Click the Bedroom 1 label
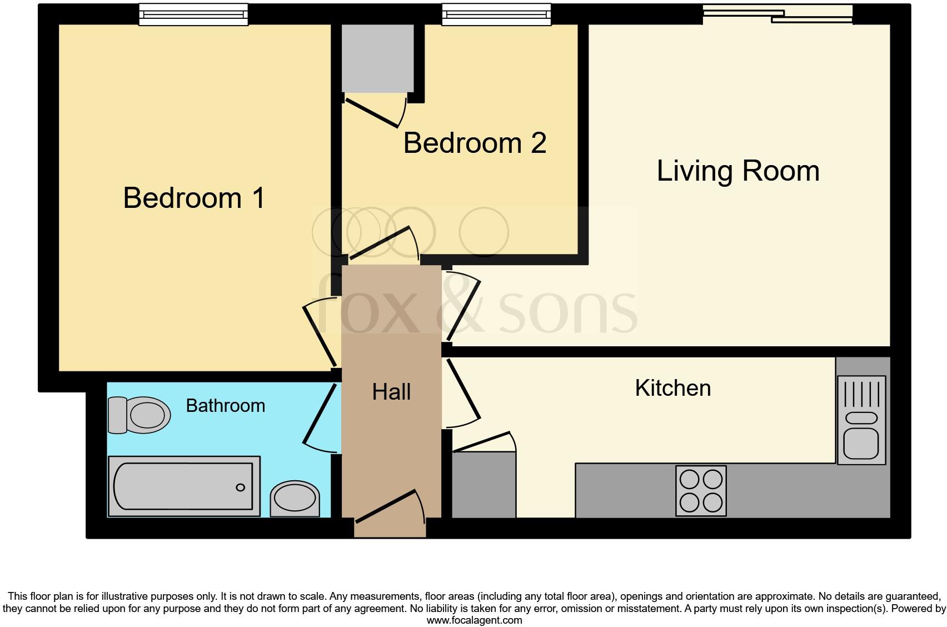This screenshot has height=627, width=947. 194,198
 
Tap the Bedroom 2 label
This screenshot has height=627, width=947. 475,143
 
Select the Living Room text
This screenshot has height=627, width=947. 738,171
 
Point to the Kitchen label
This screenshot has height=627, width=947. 672,388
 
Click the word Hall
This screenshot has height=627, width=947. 391,392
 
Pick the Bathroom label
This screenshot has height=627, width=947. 225,406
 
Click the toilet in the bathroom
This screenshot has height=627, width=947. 139,415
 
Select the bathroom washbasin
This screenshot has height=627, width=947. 295,498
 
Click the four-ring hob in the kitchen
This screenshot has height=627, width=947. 701,491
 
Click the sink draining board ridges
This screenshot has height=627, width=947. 861,393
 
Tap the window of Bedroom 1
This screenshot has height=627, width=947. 193,15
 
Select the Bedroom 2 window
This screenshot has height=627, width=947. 496,15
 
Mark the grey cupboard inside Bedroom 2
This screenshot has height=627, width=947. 377,58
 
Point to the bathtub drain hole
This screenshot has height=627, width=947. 240,487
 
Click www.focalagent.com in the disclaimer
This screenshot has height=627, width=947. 474,620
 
